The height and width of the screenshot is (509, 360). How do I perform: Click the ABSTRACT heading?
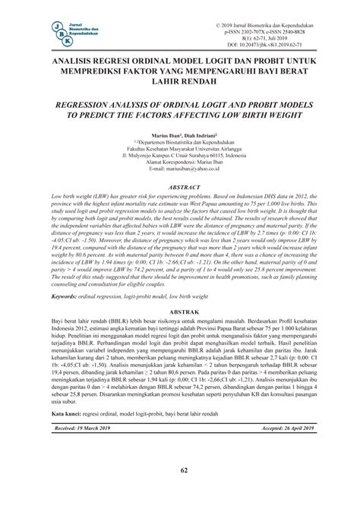pos(180,185)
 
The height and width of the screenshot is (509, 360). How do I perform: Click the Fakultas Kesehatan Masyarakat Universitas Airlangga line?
pos(180,148)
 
